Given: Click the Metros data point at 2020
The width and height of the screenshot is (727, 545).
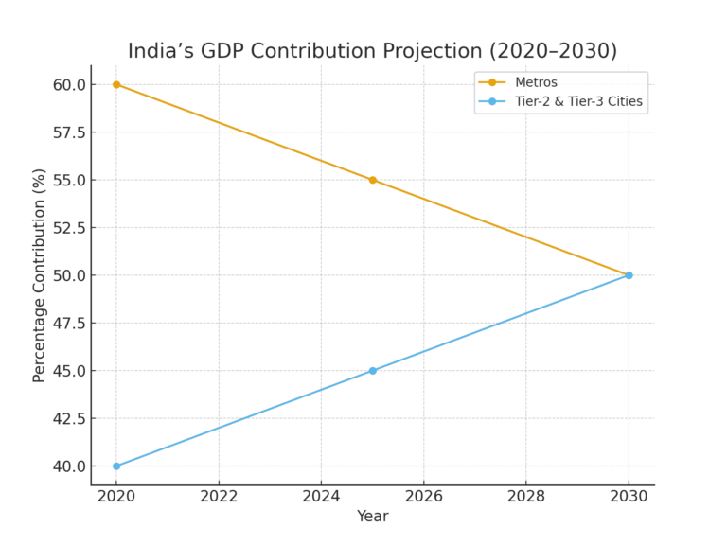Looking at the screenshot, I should (x=116, y=84).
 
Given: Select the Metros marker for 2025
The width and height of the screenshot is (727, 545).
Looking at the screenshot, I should (x=373, y=180).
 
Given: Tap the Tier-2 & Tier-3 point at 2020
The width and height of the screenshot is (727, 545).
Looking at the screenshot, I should (x=116, y=466).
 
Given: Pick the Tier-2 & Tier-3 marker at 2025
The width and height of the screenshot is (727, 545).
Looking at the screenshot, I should (x=373, y=371).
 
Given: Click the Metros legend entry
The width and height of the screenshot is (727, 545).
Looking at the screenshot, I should (x=536, y=82).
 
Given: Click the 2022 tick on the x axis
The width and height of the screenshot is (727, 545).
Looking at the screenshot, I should (x=219, y=495).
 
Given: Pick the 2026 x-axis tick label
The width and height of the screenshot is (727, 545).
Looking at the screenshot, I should (x=424, y=495).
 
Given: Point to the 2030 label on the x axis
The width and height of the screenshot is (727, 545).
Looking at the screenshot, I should (x=629, y=495).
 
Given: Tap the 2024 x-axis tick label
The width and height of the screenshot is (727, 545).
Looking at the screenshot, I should (x=321, y=495).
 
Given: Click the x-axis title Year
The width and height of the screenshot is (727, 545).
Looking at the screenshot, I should (x=372, y=517).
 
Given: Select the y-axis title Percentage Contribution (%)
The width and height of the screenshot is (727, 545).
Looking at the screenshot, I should (x=39, y=275).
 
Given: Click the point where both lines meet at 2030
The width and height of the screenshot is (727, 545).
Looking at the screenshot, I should (x=629, y=275).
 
